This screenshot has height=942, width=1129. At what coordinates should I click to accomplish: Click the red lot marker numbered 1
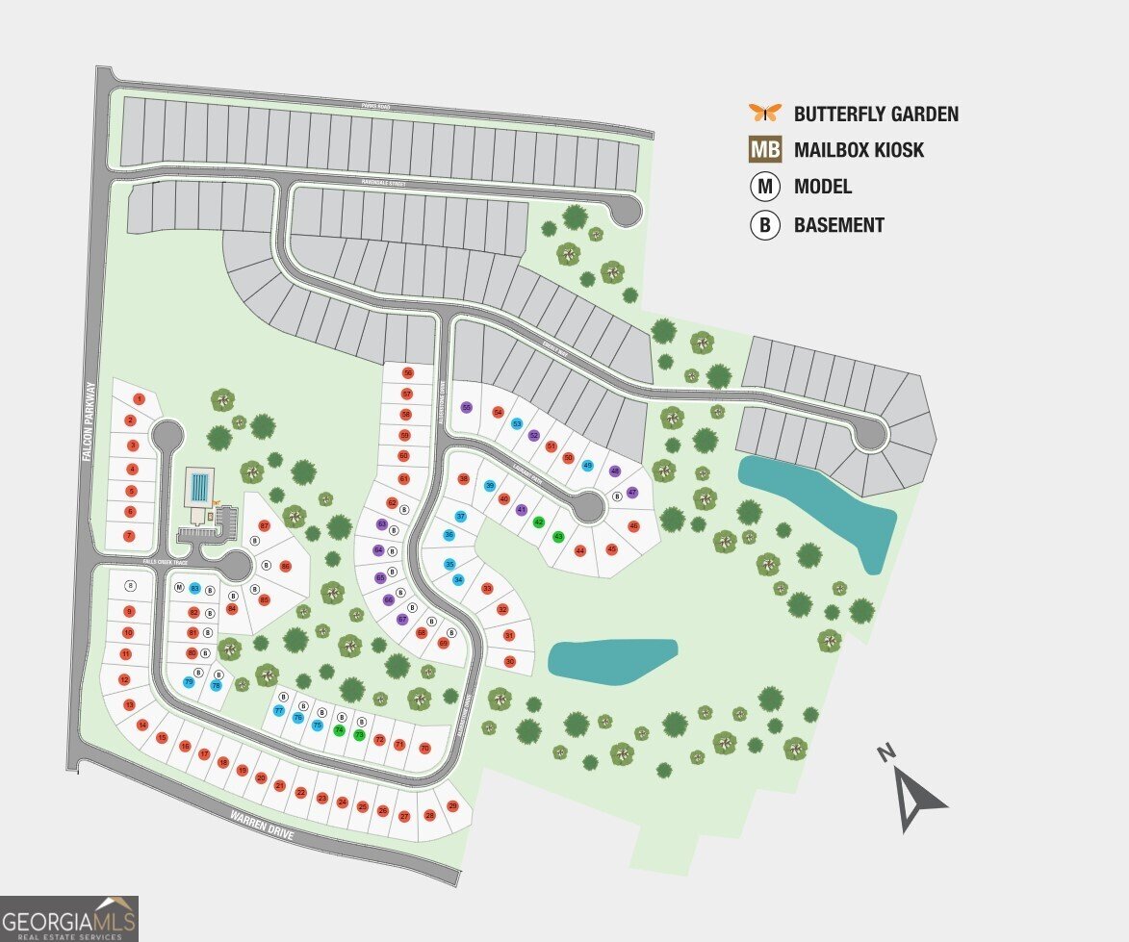pos(139,398)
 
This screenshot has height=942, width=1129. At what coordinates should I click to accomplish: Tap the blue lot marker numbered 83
pos(194,588)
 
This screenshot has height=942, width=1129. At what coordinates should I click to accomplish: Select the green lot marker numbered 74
pos(339,730)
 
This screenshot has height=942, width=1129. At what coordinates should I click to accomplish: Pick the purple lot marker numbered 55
pos(467,407)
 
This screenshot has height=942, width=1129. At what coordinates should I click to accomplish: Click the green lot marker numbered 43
pos(559,536)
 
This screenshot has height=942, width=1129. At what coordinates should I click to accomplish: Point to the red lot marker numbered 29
pos(452,806)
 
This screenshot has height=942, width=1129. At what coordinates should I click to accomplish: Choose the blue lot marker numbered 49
pos(587,466)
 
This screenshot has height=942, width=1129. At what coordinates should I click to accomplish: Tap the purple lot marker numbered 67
pos(402,619)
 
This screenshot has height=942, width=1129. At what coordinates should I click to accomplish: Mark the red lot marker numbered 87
pos(265,525)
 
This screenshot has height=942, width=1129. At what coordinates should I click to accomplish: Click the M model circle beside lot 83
pos(179,587)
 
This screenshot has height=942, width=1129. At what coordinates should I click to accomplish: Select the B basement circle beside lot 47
pos(617,496)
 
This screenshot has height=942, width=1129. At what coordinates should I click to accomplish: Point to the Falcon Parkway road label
pos(90,422)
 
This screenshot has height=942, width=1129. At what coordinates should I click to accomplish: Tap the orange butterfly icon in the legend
pos(765,113)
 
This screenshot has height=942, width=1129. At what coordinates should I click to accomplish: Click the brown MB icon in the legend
pos(765,150)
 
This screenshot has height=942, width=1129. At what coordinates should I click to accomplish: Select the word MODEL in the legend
pos(822,188)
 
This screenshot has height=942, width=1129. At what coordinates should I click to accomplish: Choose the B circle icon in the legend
pos(765,225)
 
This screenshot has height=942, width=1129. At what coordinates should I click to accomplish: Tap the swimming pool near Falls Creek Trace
pos(199,487)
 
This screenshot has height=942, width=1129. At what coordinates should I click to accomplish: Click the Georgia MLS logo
pos(69,918)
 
